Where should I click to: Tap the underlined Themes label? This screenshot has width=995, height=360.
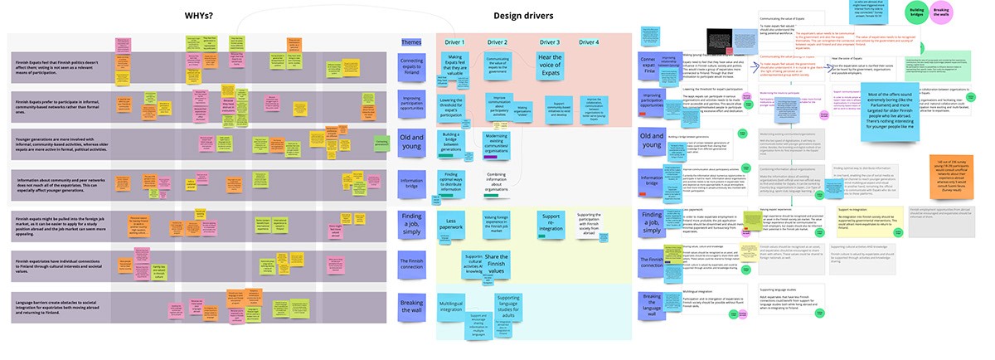click(x=411, y=42)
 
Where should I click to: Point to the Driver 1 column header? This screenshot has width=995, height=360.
click(x=454, y=42)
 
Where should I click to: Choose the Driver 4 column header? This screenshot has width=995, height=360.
click(x=588, y=42)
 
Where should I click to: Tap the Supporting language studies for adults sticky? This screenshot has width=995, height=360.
click(x=507, y=306)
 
